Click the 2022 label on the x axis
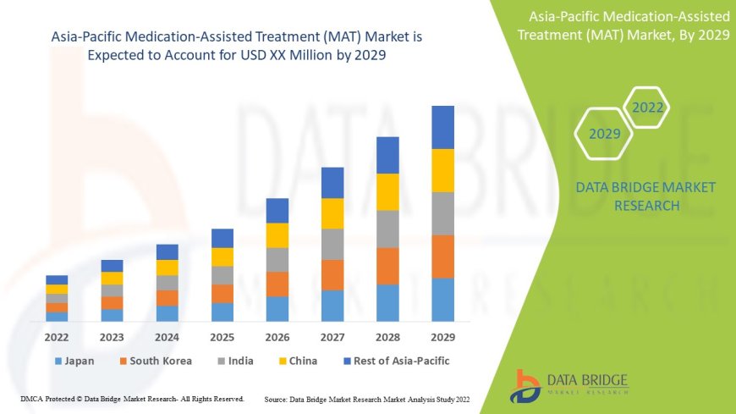click(57, 336)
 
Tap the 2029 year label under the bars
click(442, 336)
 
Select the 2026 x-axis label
click(277, 336)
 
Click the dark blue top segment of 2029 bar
click(442, 127)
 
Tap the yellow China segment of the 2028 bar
click(387, 191)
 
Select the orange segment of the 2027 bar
click(332, 274)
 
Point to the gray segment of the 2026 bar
click(277, 259)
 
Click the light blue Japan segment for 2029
click(442, 300)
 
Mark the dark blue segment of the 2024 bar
click(168, 251)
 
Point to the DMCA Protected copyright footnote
click(132, 398)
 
